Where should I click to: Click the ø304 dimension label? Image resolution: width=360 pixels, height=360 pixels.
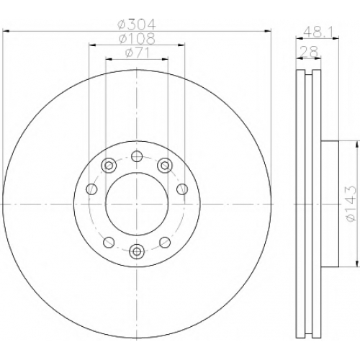[x=137, y=24]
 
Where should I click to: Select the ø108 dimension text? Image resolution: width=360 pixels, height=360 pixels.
[x=137, y=39]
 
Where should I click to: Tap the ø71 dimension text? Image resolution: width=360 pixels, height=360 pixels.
[x=137, y=53]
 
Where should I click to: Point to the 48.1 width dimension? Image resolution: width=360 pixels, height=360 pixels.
[x=318, y=32]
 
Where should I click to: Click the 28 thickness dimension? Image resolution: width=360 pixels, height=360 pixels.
[x=309, y=51]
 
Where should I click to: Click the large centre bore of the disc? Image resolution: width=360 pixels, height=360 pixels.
[x=137, y=204]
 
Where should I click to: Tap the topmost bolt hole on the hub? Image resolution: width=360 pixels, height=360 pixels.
[x=137, y=156]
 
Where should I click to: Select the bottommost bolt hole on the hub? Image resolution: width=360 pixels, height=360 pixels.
[x=137, y=251]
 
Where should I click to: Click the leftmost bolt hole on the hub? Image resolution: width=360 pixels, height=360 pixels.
[x=91, y=189]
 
